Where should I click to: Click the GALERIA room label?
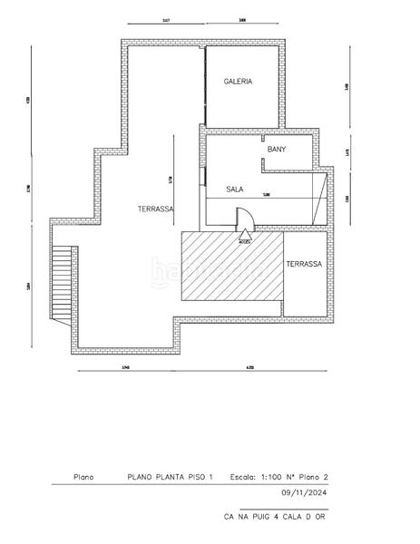click(x=238, y=82)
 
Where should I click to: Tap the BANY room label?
click(x=277, y=150)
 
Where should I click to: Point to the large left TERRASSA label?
click(x=155, y=209)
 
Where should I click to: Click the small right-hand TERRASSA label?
click(x=303, y=264)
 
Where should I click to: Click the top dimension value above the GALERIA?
click(x=242, y=18)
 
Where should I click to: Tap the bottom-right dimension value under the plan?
click(x=249, y=366)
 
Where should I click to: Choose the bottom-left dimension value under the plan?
click(x=126, y=366)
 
